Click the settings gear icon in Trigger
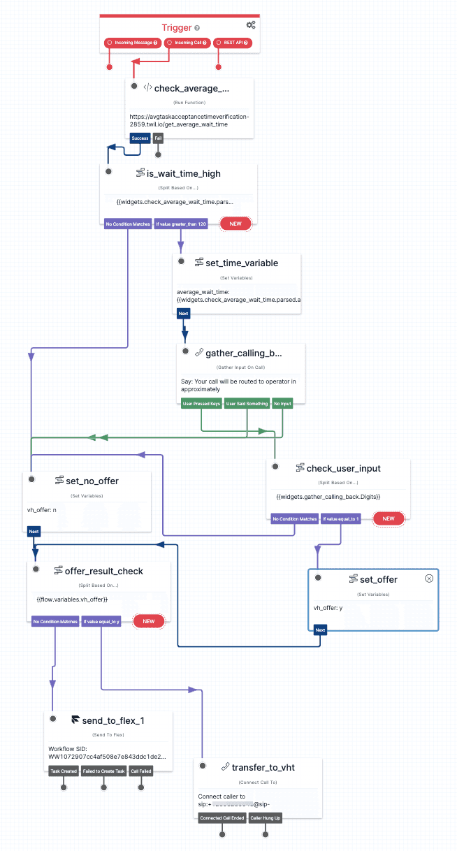pos(251,25)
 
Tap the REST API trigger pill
pos(232,43)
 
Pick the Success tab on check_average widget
pos(139,138)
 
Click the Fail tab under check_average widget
pos(158,138)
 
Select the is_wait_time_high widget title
pos(184,173)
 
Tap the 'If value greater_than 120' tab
pos(181,224)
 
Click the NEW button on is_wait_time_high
pos(235,224)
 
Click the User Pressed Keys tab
pos(201,404)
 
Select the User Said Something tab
pos(247,404)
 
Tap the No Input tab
pos(282,404)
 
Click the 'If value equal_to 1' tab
pos(340,519)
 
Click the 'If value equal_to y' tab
pos(101,621)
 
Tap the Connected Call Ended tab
pos(222,817)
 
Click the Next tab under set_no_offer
pos(34,532)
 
